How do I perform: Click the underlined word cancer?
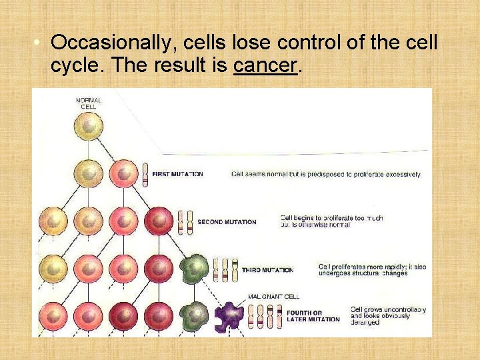point(265,66)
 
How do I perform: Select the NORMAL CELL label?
point(89,103)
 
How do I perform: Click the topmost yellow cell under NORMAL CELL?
point(89,127)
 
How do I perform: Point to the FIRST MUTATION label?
point(177,174)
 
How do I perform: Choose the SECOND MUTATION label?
point(227,222)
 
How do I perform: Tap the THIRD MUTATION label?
point(267,270)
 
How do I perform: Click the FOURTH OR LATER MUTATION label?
point(313,316)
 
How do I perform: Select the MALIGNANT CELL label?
point(273,296)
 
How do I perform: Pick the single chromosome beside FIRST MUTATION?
point(145,174)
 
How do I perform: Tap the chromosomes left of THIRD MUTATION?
point(225,269)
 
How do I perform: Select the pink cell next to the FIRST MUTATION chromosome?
point(123,174)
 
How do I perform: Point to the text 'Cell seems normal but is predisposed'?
point(325,175)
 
